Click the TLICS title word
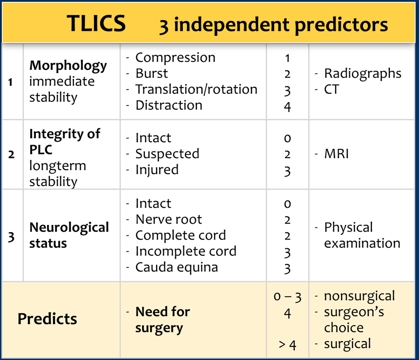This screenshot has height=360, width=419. (x=96, y=24)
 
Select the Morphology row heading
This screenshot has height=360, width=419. (x=68, y=66)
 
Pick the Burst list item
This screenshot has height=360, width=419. (x=151, y=73)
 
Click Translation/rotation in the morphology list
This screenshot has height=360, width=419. (x=196, y=89)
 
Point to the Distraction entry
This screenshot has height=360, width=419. (x=169, y=105)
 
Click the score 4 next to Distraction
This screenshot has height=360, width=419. (x=287, y=107)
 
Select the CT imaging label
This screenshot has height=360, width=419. (x=331, y=89)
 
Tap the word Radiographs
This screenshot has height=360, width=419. (x=363, y=73)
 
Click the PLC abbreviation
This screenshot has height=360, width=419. (x=41, y=150)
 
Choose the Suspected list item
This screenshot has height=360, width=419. (x=167, y=154)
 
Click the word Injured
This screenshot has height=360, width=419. (x=157, y=170)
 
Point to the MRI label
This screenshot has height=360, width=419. (x=337, y=154)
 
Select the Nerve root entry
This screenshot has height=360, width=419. (x=169, y=219)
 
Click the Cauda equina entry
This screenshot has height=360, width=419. (x=176, y=267)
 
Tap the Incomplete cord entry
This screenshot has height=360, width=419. (x=186, y=252)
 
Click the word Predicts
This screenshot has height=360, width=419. (x=47, y=319)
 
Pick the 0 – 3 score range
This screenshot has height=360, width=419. (x=288, y=297)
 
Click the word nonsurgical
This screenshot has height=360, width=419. (x=359, y=296)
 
